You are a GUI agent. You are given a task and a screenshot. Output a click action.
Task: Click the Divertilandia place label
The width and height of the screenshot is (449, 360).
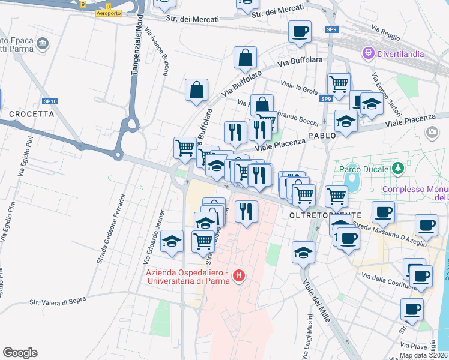[x=401, y=54]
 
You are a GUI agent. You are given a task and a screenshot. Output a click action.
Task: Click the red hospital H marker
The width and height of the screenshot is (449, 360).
[x=239, y=277]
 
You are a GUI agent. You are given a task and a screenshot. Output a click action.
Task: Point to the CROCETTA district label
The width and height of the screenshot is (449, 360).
[x=31, y=113]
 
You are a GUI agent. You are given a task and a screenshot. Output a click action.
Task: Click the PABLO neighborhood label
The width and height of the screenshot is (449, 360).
[x=322, y=136]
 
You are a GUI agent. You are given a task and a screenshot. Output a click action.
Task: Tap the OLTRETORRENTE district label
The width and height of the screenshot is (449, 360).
[x=325, y=215]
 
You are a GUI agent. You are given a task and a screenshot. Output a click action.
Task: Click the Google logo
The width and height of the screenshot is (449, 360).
[x=20, y=353]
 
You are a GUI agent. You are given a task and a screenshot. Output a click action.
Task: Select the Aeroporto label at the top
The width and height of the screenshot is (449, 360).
[x=108, y=13]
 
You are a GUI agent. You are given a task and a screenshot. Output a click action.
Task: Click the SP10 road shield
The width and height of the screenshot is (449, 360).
[x=50, y=101]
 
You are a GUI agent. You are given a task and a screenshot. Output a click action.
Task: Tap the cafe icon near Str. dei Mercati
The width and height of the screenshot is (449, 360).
[x=300, y=32]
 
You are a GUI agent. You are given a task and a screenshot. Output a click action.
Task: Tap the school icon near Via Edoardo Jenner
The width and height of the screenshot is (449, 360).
[x=172, y=242]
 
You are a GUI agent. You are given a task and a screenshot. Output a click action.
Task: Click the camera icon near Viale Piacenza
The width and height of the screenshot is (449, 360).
[x=431, y=132]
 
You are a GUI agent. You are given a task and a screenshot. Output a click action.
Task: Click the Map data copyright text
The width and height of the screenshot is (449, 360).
[x=424, y=355]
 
